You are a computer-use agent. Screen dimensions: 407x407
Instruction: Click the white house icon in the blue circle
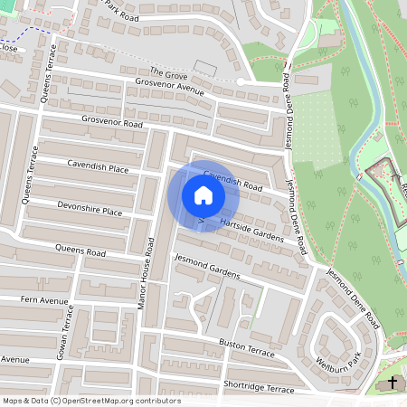(203, 195)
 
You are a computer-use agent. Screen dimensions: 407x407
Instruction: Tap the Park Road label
(121, 11)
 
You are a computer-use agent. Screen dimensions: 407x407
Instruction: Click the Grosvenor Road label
(112, 120)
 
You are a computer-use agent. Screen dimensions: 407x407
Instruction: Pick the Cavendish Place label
(99, 166)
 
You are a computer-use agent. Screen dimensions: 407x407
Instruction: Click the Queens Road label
(80, 251)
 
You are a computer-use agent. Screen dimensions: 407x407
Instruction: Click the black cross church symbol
(393, 383)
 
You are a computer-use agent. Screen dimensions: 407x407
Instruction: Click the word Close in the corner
(9, 49)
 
